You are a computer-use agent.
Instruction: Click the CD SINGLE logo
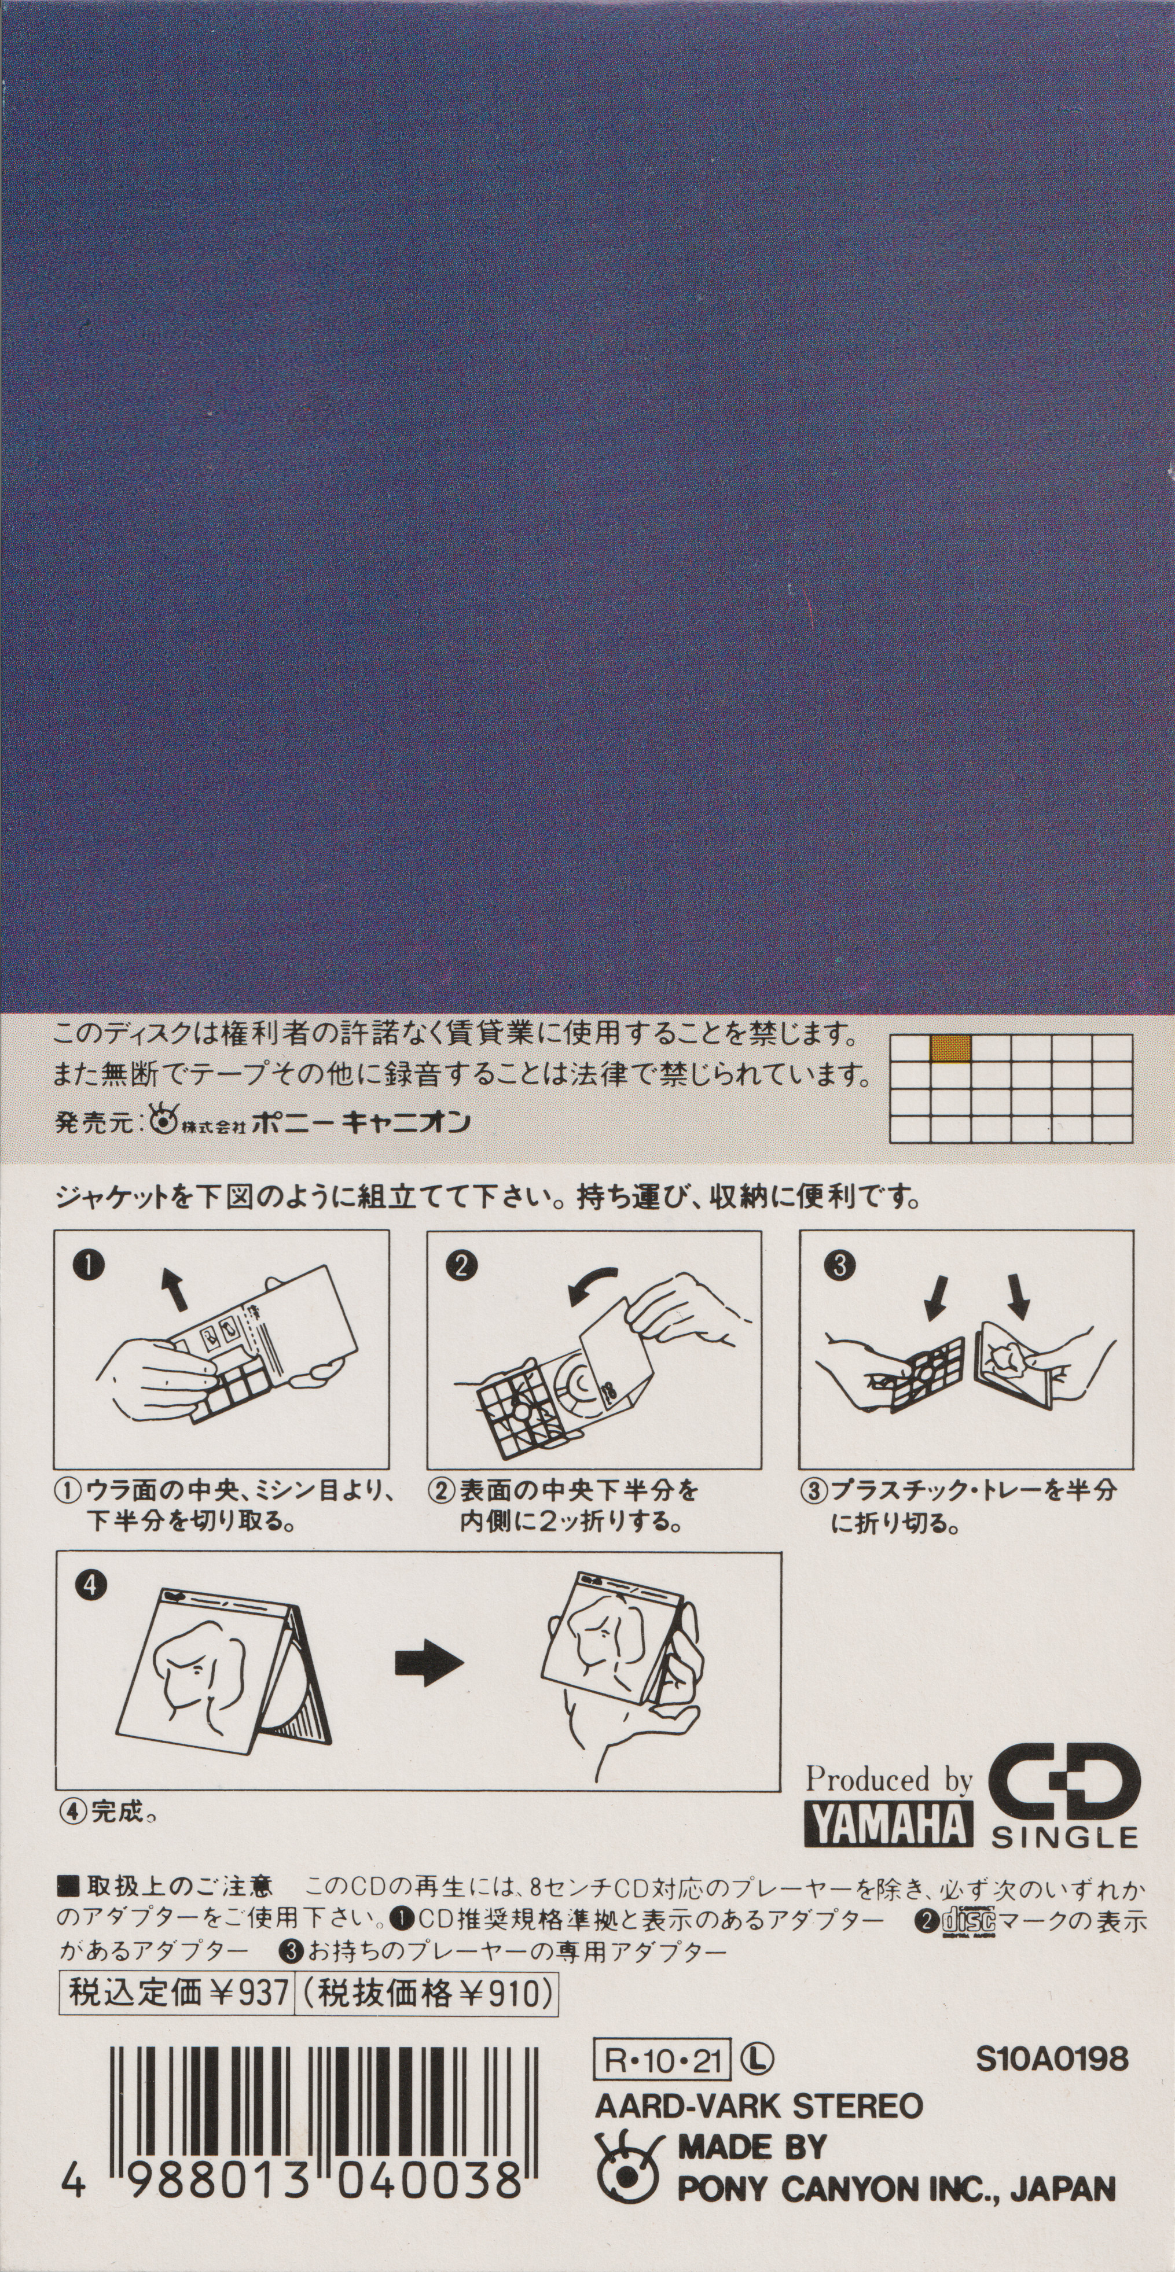click(x=1064, y=1798)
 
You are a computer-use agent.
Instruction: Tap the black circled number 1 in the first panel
click(x=91, y=1266)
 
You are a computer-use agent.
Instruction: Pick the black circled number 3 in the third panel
click(x=838, y=1266)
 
